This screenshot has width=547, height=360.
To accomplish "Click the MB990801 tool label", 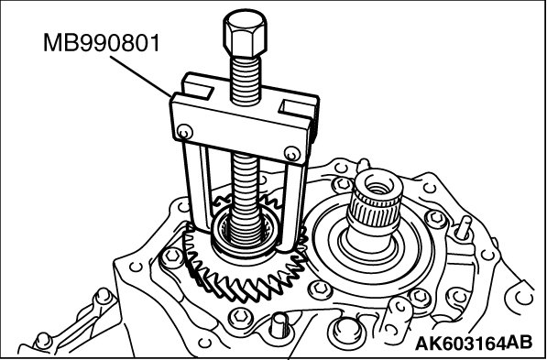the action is click(101, 42).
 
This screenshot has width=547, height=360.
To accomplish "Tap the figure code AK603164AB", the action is click(474, 343).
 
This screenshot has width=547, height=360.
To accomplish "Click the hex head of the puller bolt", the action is click(245, 33).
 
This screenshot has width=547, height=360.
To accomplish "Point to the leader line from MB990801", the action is click(141, 76).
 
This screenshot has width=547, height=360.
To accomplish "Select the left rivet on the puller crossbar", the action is click(184, 132).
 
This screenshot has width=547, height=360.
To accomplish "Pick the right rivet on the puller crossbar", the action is click(292, 154).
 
